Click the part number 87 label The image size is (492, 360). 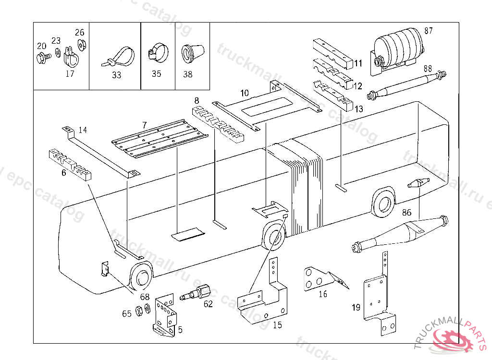429,31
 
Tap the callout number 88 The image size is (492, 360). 428,69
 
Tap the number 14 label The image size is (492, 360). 83,130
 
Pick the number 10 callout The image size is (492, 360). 245,93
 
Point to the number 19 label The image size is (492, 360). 356,308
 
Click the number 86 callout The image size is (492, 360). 406,212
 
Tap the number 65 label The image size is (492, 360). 126,314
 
